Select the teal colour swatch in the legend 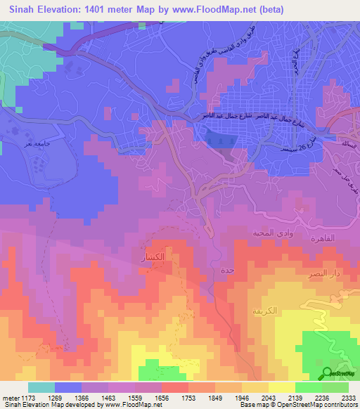point(41,387)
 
